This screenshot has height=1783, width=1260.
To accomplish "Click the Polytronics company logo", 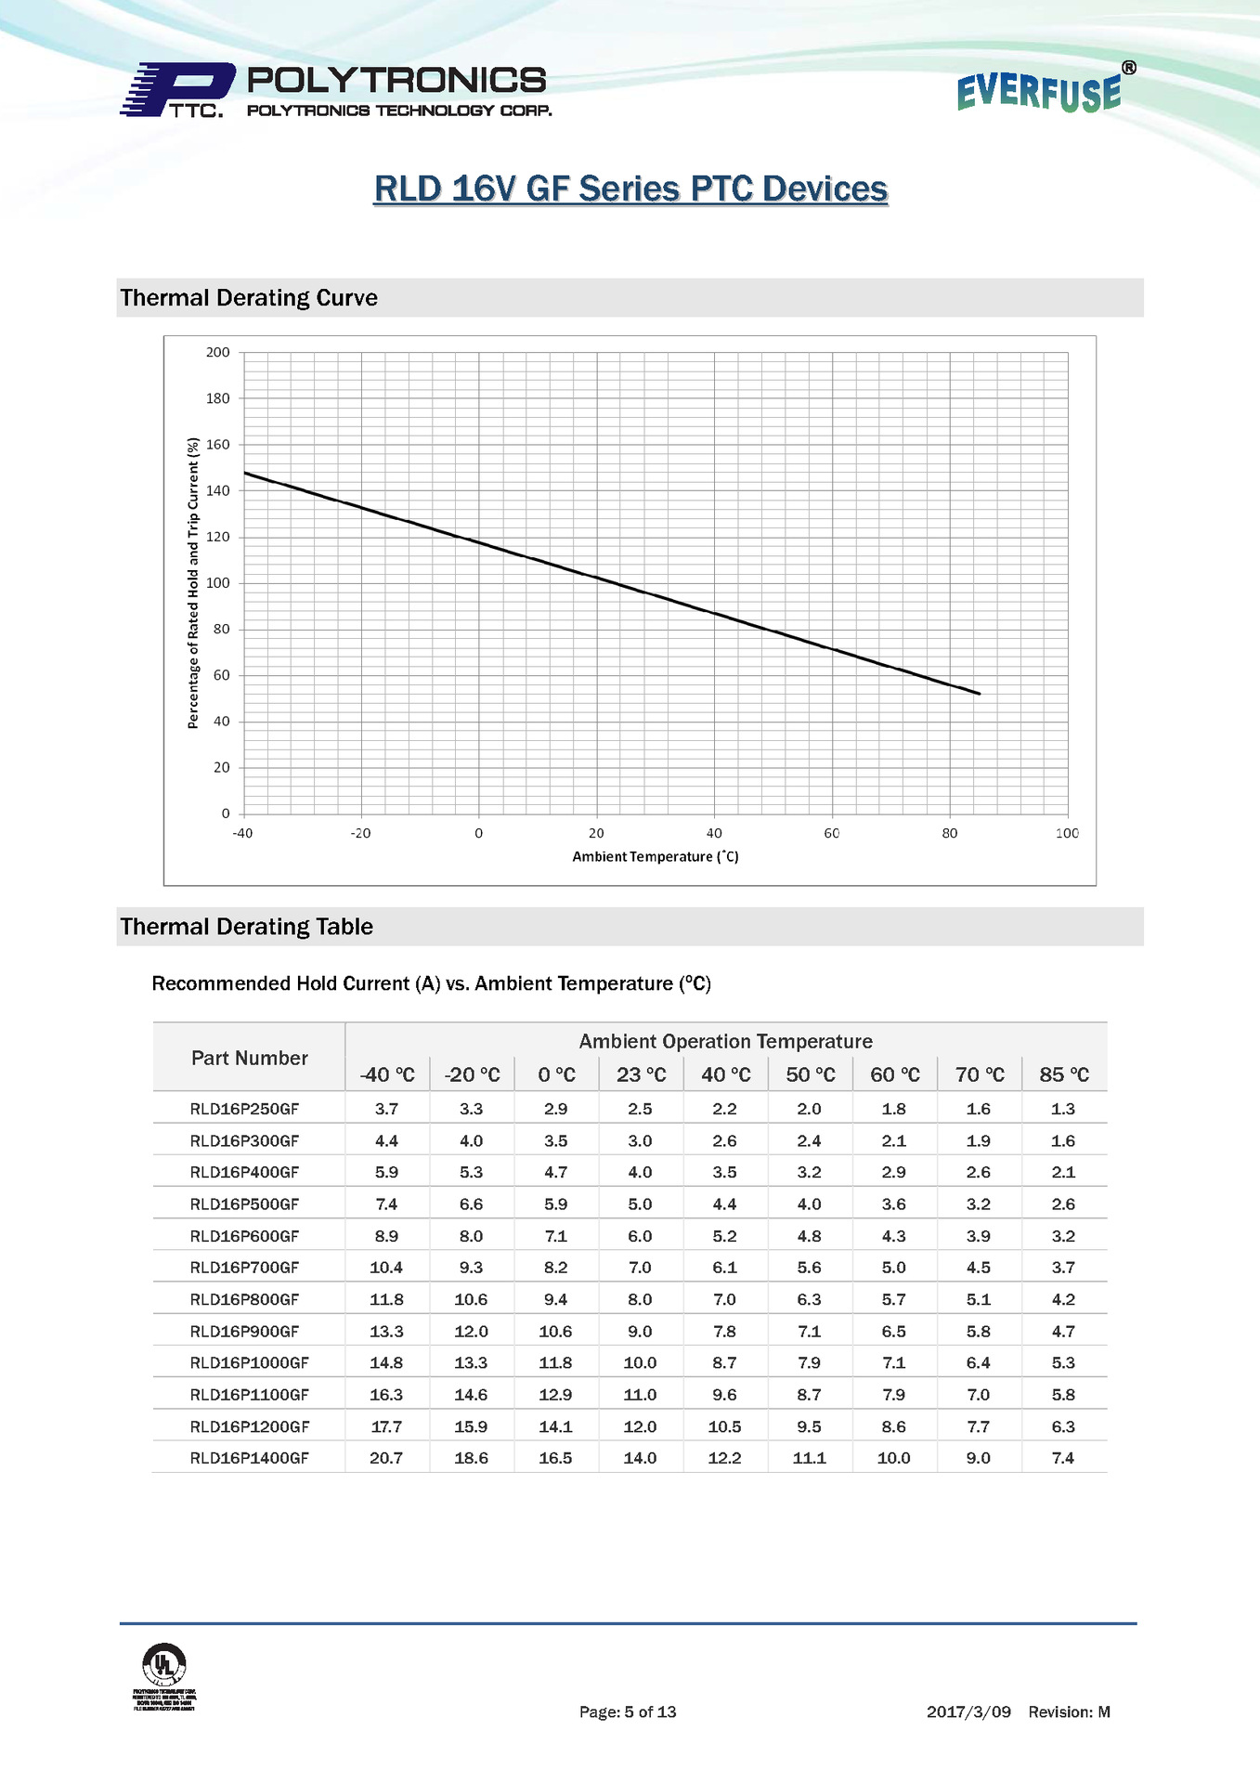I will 334,91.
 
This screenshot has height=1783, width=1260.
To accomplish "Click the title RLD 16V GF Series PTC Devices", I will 630,189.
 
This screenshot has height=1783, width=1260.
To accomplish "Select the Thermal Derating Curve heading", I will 249,298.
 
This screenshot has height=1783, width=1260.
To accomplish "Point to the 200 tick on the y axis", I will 218,353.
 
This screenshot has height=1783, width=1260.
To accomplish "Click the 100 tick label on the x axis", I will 1067,834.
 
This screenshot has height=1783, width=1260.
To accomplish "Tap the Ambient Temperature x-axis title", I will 656,857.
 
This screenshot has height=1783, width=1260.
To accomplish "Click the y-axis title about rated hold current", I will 193,583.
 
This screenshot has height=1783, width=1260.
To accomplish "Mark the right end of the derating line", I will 980,694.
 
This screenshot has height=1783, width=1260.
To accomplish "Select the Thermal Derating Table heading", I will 246,927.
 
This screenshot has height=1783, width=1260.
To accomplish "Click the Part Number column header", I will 249,1058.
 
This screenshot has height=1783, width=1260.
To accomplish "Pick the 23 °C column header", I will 641,1074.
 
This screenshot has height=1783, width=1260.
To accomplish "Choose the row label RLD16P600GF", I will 244,1236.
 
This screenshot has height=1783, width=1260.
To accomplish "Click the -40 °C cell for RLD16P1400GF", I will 386,1458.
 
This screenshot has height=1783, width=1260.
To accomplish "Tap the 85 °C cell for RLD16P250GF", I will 1063,1109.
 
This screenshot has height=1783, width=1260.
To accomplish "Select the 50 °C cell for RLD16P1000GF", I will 809,1362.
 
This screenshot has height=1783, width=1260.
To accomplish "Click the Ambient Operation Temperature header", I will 725,1041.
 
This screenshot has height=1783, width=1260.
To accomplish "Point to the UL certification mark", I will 164,1663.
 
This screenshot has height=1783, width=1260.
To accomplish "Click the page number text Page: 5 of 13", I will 628,1711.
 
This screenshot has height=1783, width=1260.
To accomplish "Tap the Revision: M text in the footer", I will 1069,1711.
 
